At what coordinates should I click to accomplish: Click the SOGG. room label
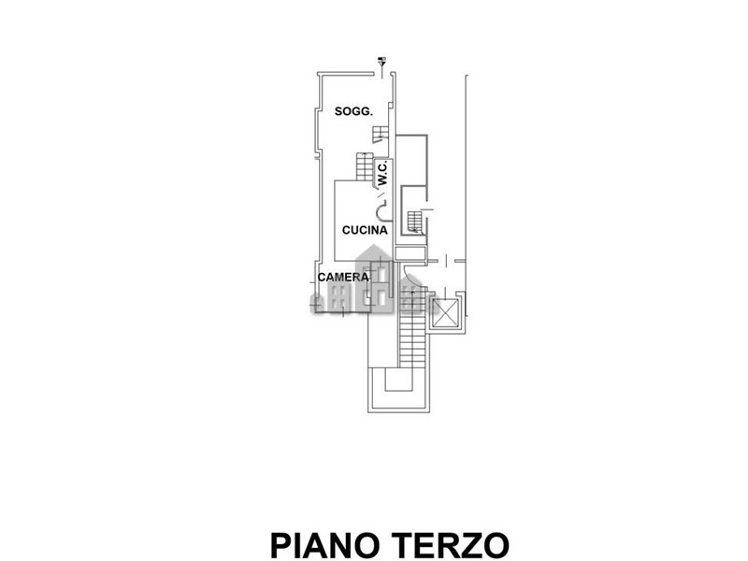(x=353, y=111)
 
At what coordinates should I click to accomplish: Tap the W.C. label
(x=382, y=173)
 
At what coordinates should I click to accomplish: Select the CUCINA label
(x=365, y=230)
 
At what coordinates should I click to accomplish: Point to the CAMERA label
(x=343, y=277)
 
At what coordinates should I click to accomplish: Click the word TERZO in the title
(x=452, y=545)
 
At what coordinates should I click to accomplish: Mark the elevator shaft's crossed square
(x=446, y=313)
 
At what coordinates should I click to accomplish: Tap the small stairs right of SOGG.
(x=381, y=135)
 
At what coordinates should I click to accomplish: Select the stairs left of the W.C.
(x=365, y=166)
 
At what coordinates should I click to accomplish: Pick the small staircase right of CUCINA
(x=414, y=223)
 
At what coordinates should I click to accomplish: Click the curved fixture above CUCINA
(x=381, y=210)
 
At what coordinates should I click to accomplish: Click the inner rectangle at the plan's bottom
(x=398, y=380)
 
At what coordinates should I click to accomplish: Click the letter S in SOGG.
(x=338, y=111)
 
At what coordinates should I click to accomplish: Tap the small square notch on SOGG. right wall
(x=391, y=104)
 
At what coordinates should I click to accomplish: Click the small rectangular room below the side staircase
(x=410, y=253)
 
